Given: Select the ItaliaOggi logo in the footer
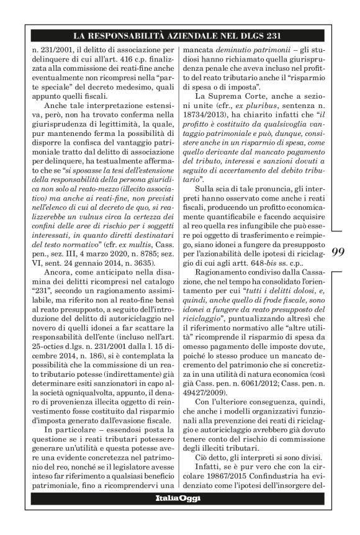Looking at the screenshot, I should tap(179, 498).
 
